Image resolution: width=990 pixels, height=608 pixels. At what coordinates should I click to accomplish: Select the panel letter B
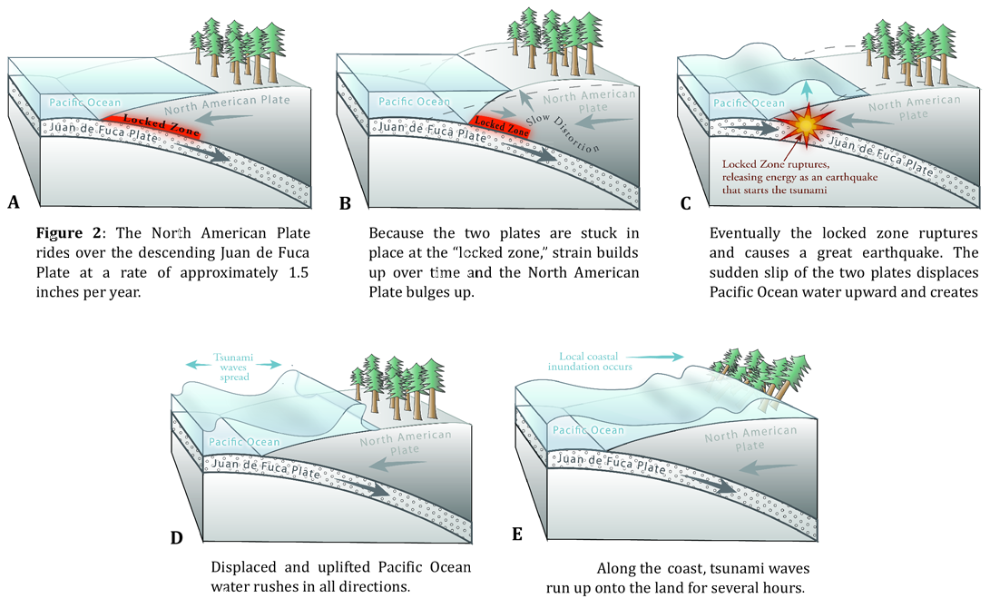344,203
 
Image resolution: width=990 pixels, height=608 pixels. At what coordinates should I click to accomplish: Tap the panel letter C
686,203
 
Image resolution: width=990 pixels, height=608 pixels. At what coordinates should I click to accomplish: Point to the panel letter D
178,537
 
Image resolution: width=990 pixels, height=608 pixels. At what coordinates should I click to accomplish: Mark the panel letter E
517,534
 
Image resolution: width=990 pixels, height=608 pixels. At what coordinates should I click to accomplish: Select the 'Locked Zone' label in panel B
501,123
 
